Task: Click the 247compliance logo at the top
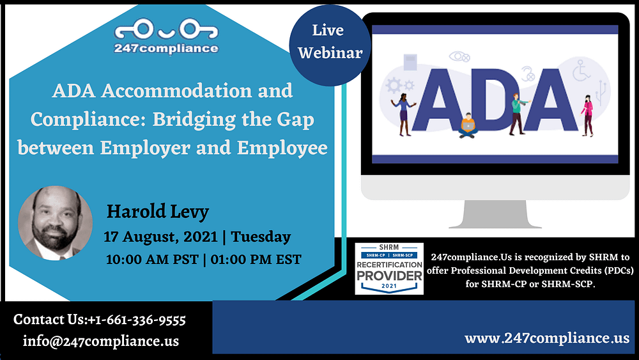166,36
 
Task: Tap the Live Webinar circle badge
330,45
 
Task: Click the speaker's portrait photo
55,223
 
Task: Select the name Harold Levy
158,212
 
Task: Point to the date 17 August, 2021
160,237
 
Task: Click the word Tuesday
261,237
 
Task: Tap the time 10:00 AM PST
152,260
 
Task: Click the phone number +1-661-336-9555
137,320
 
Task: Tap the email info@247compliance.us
101,341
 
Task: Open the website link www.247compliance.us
547,338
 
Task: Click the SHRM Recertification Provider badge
389,269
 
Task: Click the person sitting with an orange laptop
468,125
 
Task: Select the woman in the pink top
587,115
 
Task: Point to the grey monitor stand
495,214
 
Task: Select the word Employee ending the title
282,148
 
